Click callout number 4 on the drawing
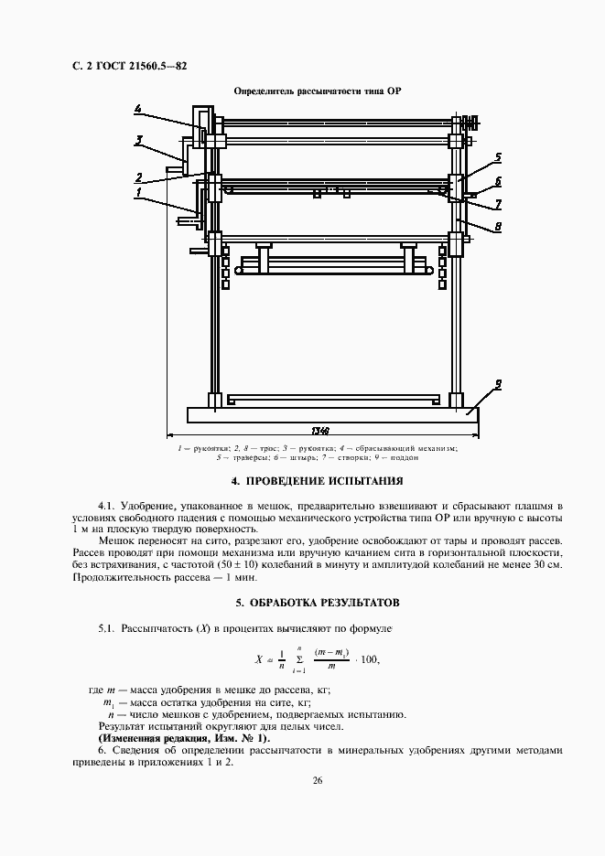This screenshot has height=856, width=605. point(137,110)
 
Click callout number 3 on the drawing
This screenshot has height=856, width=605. point(139,140)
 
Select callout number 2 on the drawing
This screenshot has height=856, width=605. point(138,177)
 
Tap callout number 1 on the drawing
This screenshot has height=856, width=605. point(138,193)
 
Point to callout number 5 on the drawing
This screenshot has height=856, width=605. point(498,156)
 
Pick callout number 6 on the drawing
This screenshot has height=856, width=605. point(498,181)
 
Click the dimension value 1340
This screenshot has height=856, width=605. point(319,430)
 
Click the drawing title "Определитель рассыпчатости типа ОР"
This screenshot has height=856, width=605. point(318,91)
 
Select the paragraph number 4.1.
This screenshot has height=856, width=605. point(108,506)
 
